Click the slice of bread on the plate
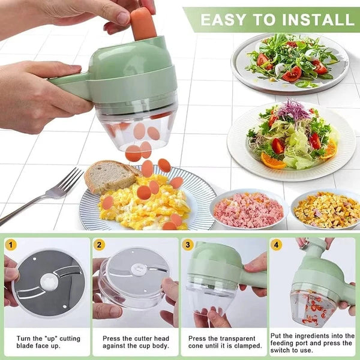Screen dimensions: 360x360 click(109, 175)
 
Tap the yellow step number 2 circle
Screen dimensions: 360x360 click(100, 244)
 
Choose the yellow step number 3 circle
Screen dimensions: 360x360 click(188, 244)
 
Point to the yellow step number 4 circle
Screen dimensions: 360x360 click(276, 244)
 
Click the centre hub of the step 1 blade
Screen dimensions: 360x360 click(48, 280)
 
